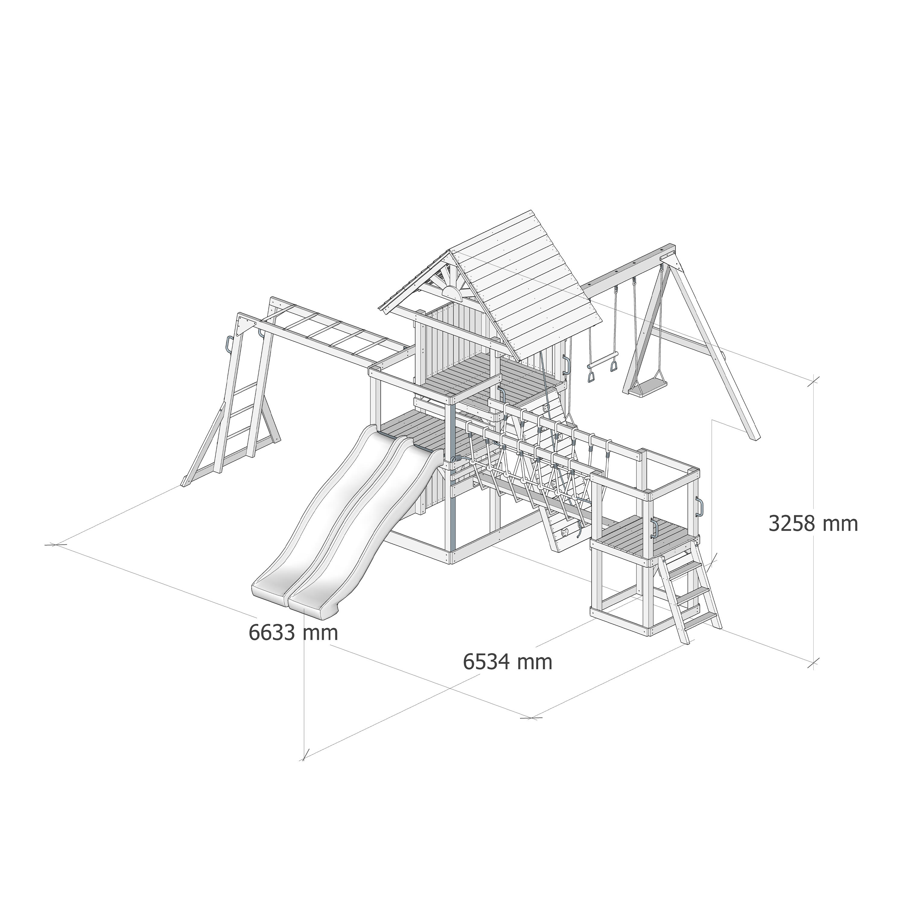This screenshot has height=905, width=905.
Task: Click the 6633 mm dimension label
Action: pos(293,632)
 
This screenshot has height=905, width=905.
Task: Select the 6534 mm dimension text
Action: pos(508,662)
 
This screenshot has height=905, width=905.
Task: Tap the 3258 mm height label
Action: pos(813,523)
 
